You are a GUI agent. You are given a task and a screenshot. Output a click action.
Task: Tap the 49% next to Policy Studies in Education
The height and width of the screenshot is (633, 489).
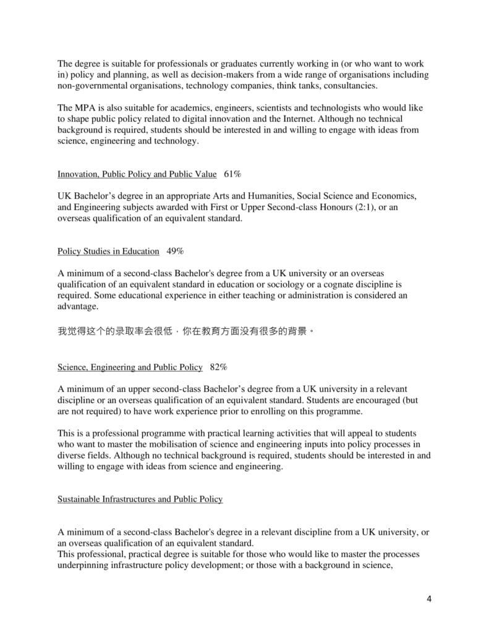click(176, 251)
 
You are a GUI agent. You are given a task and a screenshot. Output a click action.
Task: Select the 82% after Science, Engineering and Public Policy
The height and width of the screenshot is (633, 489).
click(218, 367)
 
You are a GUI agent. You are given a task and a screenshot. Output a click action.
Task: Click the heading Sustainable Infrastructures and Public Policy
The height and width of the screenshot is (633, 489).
click(140, 498)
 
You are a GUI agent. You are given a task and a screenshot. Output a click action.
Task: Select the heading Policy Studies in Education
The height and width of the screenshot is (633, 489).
click(108, 251)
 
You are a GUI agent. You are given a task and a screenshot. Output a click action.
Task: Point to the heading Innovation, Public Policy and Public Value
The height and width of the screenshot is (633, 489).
click(137, 174)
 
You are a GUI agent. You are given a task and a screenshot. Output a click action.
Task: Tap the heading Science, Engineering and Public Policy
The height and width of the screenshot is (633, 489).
click(130, 367)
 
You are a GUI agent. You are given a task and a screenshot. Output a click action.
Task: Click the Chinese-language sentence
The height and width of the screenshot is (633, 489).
click(186, 331)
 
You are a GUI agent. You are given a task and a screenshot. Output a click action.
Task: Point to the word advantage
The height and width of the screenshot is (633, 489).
click(77, 306)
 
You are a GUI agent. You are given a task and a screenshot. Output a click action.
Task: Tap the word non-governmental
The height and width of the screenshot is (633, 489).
click(92, 85)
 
